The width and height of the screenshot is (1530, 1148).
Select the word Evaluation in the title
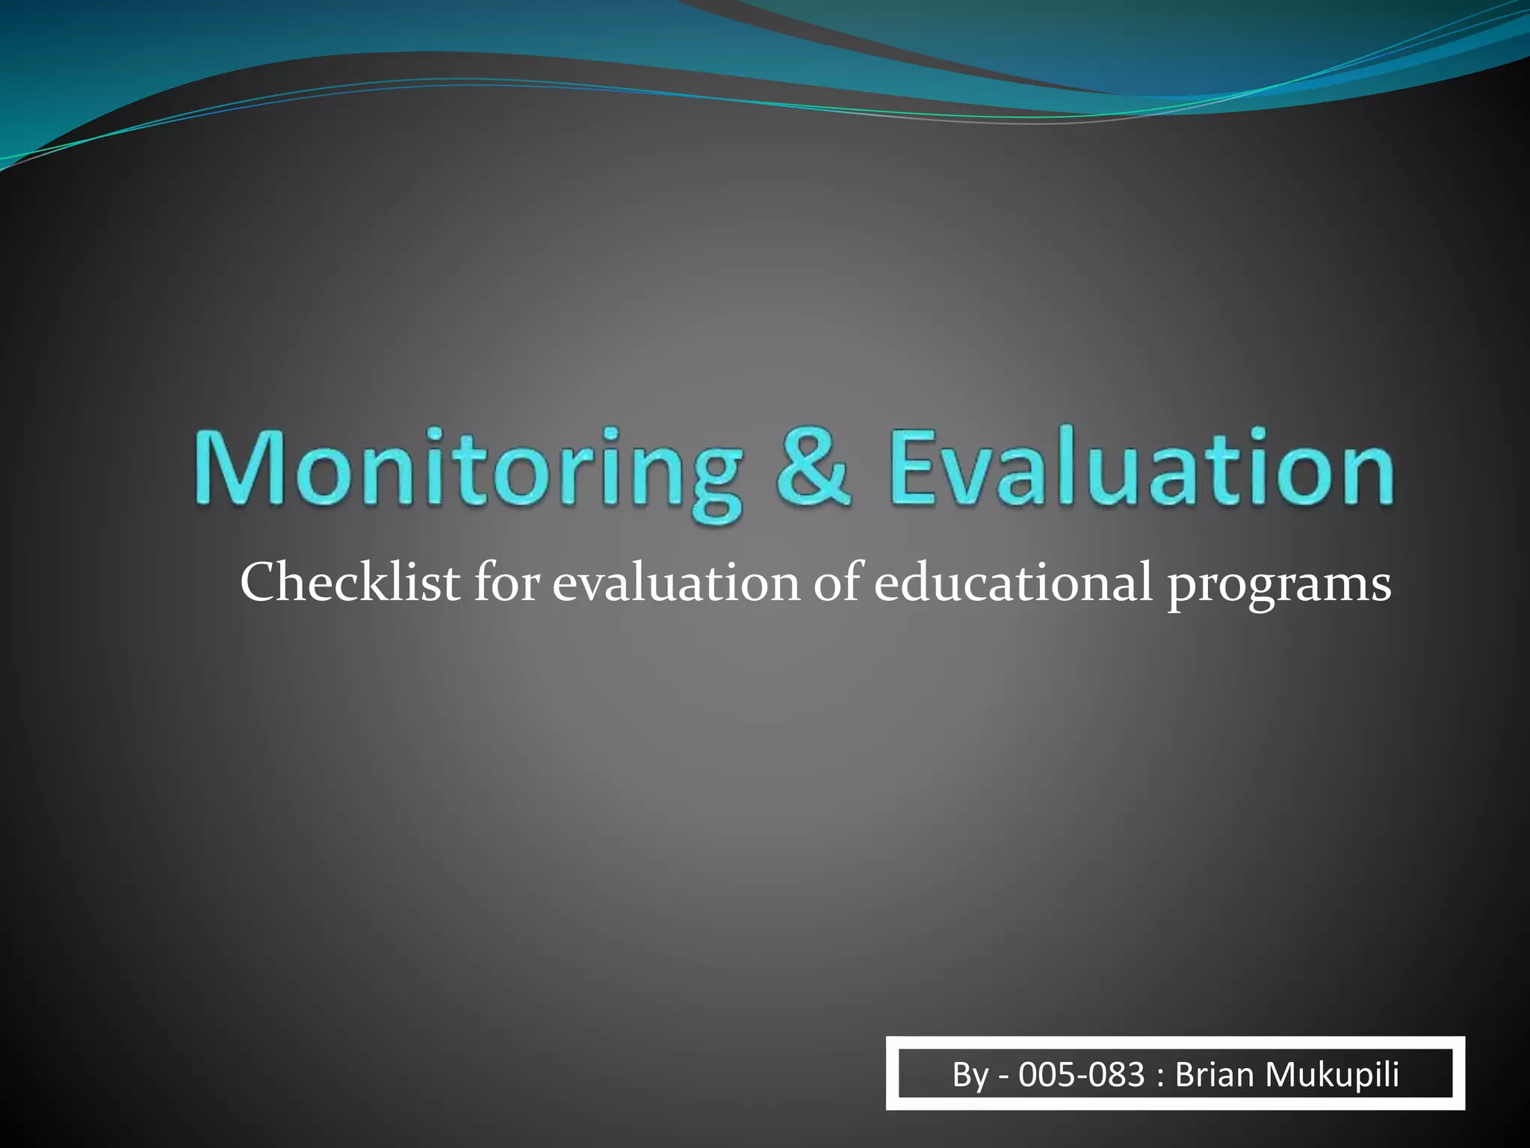click(1142, 467)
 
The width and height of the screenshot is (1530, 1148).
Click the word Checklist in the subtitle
click(350, 582)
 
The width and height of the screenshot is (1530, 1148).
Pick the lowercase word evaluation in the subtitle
click(676, 584)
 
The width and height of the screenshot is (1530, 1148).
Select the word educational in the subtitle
click(1013, 582)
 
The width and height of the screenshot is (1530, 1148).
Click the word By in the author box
click(970, 1075)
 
